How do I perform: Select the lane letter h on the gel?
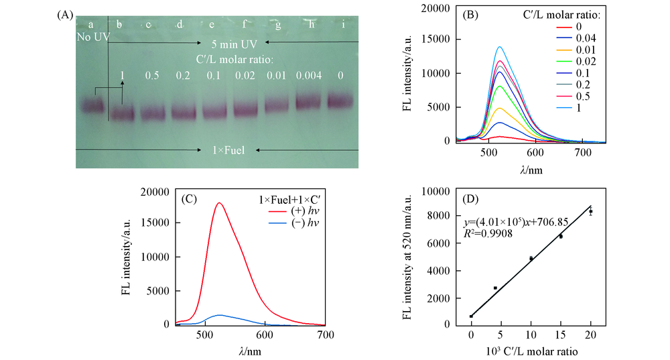click(310, 25)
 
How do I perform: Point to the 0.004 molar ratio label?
click(310, 76)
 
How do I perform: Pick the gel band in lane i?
click(342, 101)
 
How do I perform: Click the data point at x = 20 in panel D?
click(590, 212)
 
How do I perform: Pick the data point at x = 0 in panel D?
click(472, 316)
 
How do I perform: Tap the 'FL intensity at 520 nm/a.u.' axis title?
click(410, 257)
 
